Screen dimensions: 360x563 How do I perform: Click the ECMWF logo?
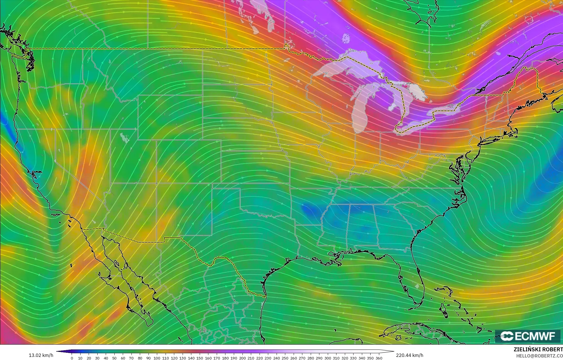tap(528, 336)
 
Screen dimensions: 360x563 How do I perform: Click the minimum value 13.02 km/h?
tap(41, 355)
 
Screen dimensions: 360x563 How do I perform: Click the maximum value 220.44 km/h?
tap(409, 355)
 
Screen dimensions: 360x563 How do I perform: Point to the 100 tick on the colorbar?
tap(157, 358)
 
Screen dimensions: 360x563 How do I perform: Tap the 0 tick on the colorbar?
tap(72, 358)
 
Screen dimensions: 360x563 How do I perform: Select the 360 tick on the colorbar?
tap(379, 358)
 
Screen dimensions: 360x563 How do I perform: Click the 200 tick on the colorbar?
tap(242, 358)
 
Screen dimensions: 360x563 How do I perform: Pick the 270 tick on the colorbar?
tap(302, 358)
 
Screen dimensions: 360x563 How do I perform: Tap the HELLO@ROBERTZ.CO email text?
tap(539, 356)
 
